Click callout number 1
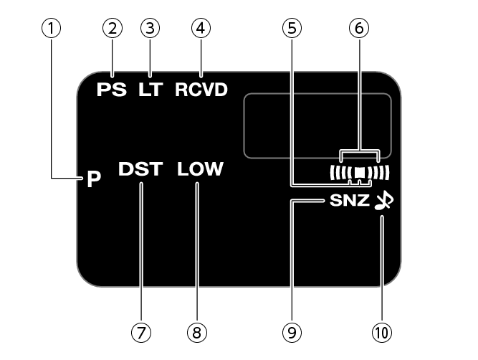coord(51,28)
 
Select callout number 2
coord(113,28)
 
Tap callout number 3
coord(150,28)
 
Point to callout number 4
coord(201,28)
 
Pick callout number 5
coord(292,28)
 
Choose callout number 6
coord(359,28)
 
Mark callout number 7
coord(141,332)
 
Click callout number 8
coord(197,332)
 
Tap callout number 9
coord(292,332)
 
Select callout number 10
coord(382,332)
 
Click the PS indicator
coord(112,90)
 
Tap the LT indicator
coord(150,90)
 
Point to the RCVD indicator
coord(201,90)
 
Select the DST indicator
coord(140,169)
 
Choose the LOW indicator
coord(200,169)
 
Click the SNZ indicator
coord(350,201)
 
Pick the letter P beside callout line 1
coord(94,179)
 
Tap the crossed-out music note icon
coord(384,201)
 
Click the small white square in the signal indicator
coord(360,173)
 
